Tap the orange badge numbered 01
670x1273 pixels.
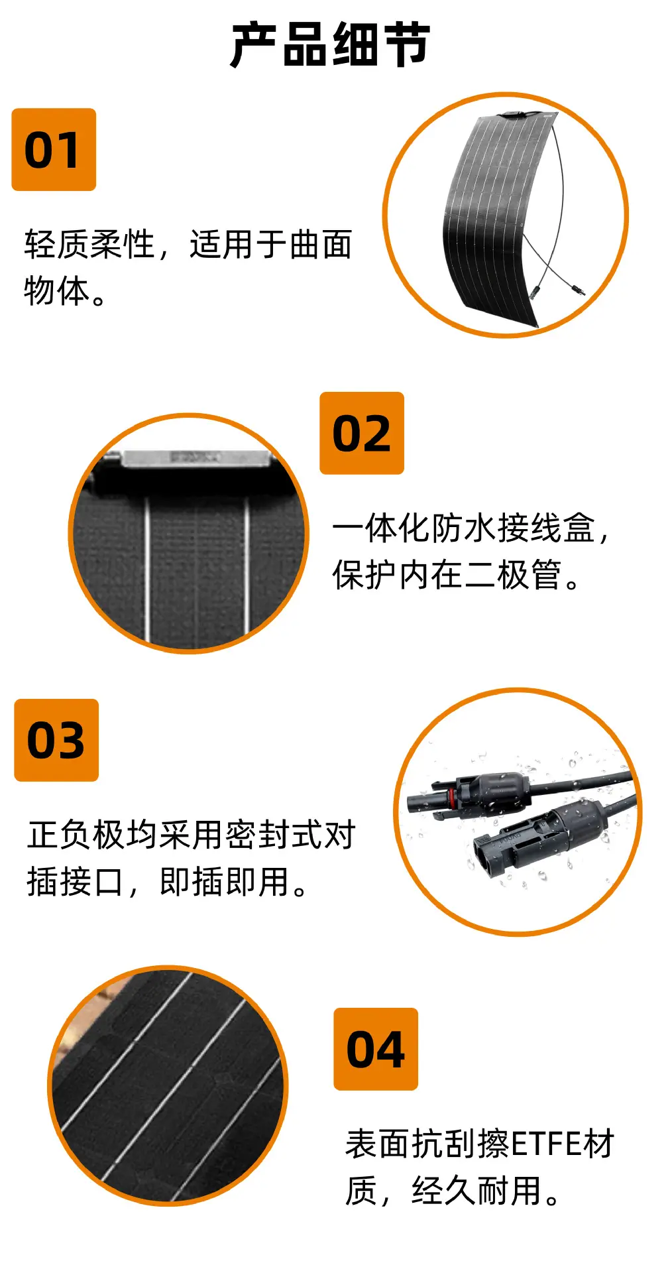coord(54,150)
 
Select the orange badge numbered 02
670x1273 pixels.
coord(362,433)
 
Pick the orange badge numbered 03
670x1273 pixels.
coord(56,740)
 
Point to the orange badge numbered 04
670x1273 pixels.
coord(376,1049)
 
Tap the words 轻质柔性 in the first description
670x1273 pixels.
coord(89,244)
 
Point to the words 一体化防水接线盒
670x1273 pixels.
coord(464,528)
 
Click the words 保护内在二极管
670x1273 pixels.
coord(447,574)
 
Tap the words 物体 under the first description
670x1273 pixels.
coord(56,290)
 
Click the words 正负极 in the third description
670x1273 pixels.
coord(76,834)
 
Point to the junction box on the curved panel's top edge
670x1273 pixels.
coord(513,115)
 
